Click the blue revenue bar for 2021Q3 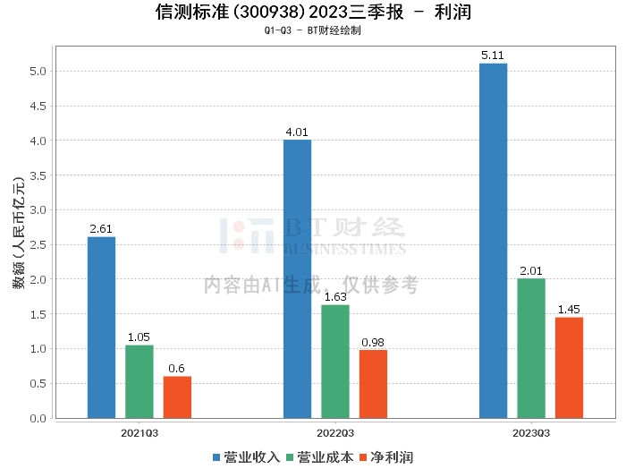point(101,327)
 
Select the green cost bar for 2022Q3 point(335,361)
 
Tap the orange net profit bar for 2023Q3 point(569,367)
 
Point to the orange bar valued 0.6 point(177,397)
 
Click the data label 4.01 point(297,132)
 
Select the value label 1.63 point(335,297)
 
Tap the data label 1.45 point(569,310)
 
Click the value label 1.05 point(139,337)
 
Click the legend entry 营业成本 point(320,457)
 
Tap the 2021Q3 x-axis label point(140,432)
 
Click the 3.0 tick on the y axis point(37,210)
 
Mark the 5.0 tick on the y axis point(37,72)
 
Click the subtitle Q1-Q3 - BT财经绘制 point(312,30)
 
